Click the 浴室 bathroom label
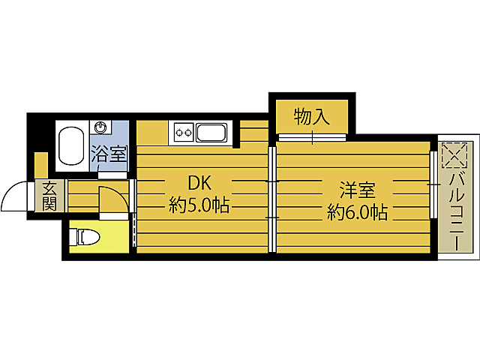pos(109,155)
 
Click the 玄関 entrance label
pos(49,196)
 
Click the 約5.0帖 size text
pos(199,205)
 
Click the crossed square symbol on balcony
pos(454,155)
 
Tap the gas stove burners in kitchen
pos(182,133)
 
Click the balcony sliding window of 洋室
pos(433,184)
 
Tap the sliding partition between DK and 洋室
pos(272,199)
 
